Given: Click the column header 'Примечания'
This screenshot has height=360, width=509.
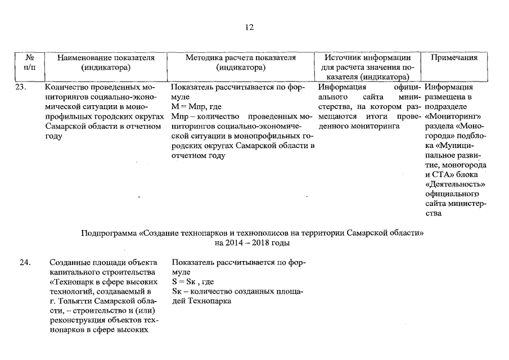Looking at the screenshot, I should pos(454,57).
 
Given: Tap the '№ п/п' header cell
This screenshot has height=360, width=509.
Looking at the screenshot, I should pos(31,62).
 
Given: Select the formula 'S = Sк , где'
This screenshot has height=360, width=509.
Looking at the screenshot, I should pos(193,281).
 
